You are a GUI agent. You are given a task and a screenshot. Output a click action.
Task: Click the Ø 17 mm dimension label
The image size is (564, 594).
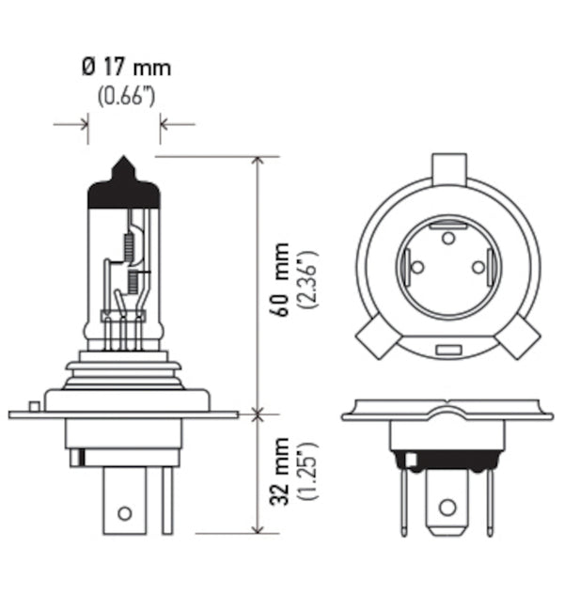tap(126, 69)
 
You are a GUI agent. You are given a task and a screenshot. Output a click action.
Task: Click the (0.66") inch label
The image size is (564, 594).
tap(126, 96)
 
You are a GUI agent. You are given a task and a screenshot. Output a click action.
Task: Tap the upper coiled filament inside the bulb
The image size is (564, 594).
tap(129, 245)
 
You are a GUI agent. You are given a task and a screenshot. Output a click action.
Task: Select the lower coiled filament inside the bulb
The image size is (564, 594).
tap(133, 279)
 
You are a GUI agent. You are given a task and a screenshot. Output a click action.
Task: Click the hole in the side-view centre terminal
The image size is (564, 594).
tap(123, 512)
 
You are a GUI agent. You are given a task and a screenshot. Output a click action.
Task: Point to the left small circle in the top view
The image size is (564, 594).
tap(415, 268)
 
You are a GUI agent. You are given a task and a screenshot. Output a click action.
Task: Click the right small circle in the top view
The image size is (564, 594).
tap(478, 268)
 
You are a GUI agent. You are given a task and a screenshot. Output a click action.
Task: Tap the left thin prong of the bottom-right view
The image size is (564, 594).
tap(405, 499)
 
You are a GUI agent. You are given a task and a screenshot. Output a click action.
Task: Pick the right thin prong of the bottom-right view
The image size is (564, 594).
tap(489, 499)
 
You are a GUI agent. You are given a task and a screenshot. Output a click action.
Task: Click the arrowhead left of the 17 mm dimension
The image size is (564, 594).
tap(84, 123)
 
